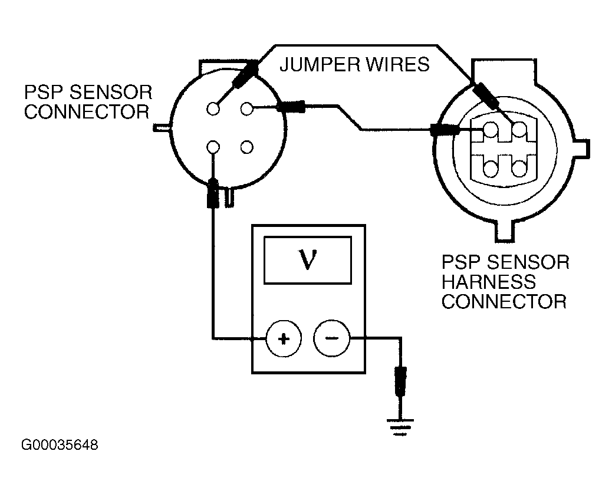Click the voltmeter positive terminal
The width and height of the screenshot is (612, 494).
pos(284,338)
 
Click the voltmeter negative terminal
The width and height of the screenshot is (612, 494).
pos(332,338)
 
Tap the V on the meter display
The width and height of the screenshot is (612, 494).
pos(308,259)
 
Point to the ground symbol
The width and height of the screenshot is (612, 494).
pos(400,427)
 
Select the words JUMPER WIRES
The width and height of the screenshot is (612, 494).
pos(354,64)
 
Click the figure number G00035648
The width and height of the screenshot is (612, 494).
pos(60,445)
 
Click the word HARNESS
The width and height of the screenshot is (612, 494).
pos(489,282)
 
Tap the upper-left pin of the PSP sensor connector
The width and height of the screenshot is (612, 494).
pos(213,109)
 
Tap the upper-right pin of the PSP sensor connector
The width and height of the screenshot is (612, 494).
pos(246,108)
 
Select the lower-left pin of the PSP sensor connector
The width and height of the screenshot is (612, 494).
pos(213,147)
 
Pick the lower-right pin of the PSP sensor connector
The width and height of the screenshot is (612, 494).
pos(246,147)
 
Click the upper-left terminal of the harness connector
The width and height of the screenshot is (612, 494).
pos(491,130)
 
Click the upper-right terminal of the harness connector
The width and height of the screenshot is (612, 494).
pos(519,130)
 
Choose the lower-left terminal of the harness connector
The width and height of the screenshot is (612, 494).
pos(491,169)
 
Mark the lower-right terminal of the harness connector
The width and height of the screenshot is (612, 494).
pos(519,169)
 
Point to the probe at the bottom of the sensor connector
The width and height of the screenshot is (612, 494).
pos(213,193)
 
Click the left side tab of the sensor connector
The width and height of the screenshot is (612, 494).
pos(162,127)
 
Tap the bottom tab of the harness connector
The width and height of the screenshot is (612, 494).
pos(505,233)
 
